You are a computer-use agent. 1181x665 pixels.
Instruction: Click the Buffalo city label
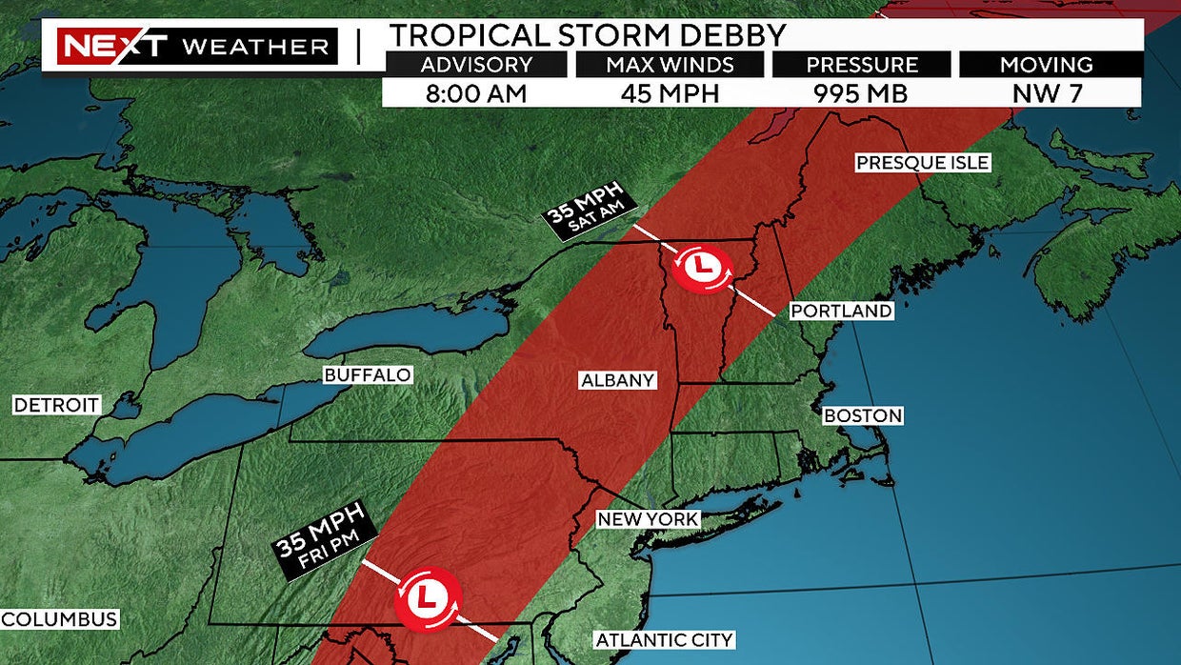pos(368,375)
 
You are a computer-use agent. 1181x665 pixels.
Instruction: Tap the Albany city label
pos(618,381)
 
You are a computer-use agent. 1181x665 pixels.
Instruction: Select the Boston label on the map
pos(863,416)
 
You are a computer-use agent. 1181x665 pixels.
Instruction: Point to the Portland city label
pos(842,312)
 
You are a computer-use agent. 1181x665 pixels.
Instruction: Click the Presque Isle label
pos(922,163)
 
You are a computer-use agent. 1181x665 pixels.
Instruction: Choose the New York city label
pos(648,519)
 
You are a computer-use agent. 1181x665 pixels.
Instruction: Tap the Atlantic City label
pos(664,640)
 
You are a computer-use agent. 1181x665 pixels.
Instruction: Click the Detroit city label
pos(56,406)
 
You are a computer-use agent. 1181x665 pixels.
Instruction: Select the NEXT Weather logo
pos(197,46)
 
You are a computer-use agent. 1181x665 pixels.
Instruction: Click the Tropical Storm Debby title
pos(588,35)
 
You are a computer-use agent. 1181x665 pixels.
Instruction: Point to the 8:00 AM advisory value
pos(476,93)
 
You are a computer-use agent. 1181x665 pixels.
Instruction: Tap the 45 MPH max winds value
pos(671,93)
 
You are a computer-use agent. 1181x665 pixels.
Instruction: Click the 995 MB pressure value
pos(861,93)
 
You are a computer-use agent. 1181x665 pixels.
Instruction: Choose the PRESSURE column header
pos(861,65)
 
